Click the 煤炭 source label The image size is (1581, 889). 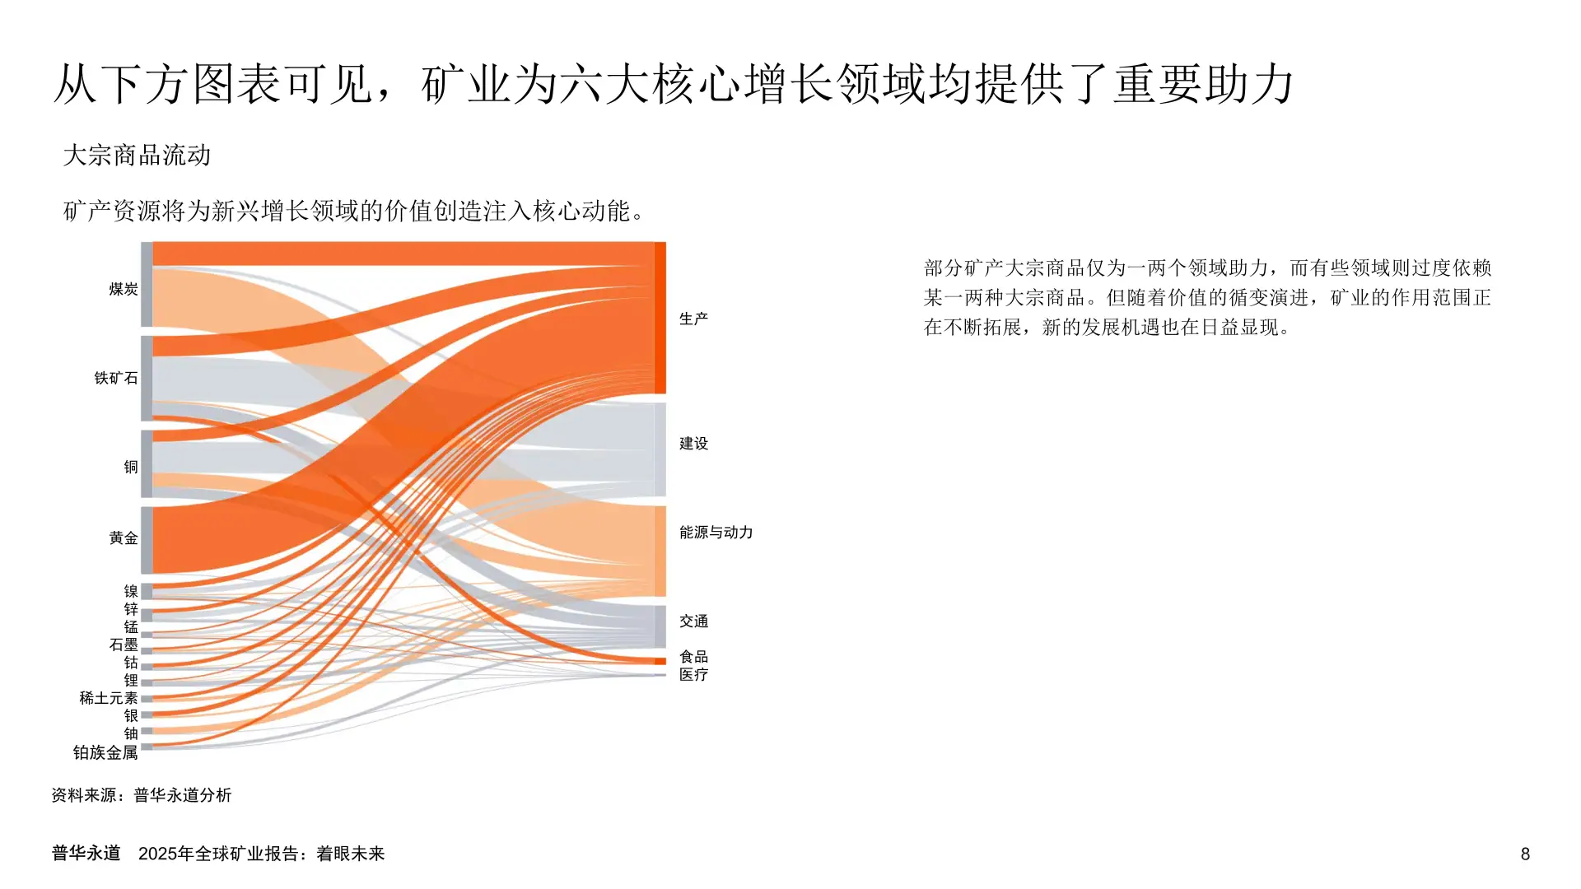point(124,289)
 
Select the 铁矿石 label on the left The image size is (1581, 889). point(116,378)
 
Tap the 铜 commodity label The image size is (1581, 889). point(131,467)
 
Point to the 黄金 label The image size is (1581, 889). point(124,538)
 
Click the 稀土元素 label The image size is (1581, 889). point(109,698)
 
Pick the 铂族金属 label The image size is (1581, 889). point(105,752)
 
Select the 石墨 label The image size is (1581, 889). point(124,645)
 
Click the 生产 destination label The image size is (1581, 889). point(693,319)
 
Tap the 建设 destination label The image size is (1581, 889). point(693,444)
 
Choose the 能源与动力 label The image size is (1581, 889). point(716,533)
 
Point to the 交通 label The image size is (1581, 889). point(693,621)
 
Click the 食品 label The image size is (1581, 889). point(693,657)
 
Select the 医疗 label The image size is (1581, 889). point(693,675)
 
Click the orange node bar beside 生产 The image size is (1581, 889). point(660,318)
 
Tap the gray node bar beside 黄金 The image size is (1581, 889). point(147,540)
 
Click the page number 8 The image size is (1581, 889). point(1525,854)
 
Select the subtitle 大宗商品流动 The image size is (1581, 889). point(137,155)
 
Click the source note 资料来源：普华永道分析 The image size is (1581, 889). point(142,795)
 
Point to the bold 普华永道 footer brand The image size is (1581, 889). point(86,854)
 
